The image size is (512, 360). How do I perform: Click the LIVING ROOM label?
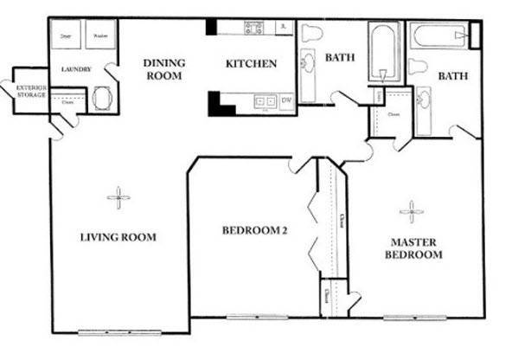[x=118, y=236]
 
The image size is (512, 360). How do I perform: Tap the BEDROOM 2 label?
[x=253, y=230]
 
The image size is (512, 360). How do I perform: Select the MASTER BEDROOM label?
[x=416, y=248]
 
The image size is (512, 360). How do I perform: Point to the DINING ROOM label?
[x=163, y=68]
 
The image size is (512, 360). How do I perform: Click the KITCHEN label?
[x=251, y=63]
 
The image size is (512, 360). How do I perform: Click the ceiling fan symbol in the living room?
[x=118, y=198]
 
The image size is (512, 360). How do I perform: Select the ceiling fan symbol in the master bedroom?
[x=412, y=210]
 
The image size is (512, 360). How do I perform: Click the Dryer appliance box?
[x=66, y=36]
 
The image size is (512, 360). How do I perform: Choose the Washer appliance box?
[x=100, y=36]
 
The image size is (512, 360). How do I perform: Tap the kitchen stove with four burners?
[x=253, y=28]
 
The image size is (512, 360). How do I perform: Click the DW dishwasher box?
[x=285, y=101]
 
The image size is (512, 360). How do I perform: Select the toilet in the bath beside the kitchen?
[x=311, y=33]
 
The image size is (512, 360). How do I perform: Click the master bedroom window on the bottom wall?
[x=414, y=317]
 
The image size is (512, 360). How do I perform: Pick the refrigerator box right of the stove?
[x=284, y=28]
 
